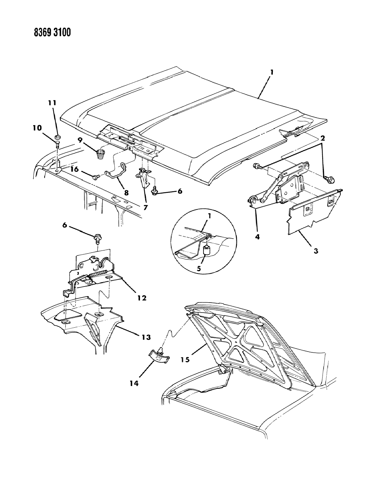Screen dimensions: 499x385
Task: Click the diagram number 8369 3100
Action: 52,33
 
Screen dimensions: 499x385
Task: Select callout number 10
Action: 37,128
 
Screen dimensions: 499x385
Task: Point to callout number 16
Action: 75,169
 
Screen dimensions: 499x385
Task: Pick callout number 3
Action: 315,251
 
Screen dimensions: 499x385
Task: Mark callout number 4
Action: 257,236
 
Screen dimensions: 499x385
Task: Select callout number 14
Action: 134,384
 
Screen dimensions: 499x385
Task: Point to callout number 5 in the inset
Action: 199,269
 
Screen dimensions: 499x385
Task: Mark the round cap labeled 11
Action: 58,138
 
